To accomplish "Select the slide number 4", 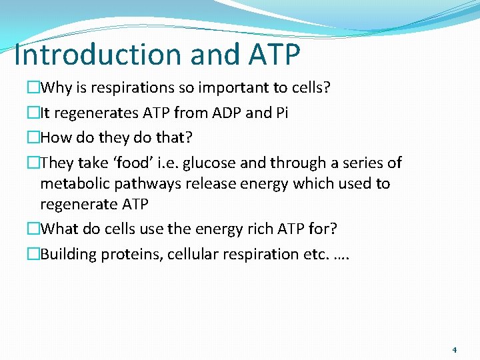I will pyautogui.click(x=454, y=349).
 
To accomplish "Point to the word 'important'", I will pyautogui.click(x=231, y=87).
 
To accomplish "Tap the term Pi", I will pyautogui.click(x=281, y=113).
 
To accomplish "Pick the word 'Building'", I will pyautogui.click(x=68, y=254).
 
